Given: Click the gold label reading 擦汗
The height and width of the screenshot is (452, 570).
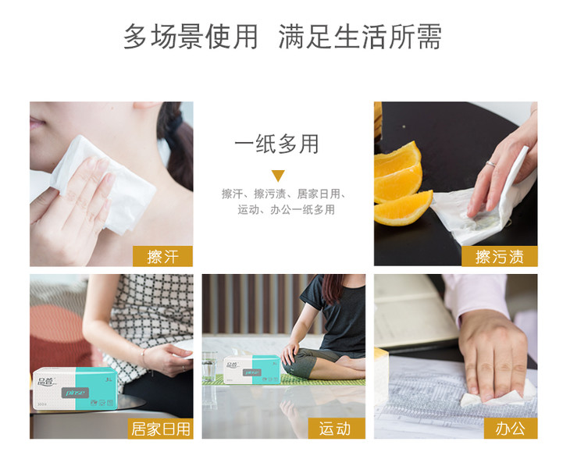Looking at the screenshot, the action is (x=162, y=256).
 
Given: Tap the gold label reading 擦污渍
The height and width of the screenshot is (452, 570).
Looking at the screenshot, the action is (x=500, y=256).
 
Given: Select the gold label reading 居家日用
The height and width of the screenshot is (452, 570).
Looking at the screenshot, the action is (x=160, y=429).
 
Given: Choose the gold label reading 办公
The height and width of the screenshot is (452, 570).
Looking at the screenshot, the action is (x=511, y=429).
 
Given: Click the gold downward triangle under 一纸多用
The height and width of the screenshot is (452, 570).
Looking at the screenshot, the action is (x=278, y=176).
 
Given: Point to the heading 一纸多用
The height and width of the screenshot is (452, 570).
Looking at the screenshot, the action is (x=276, y=144).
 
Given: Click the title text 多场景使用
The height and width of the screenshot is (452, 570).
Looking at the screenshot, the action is (x=191, y=37).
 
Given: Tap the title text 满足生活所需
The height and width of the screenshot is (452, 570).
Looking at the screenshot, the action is (x=360, y=37).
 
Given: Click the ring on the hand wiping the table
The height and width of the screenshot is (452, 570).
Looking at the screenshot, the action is (x=491, y=164).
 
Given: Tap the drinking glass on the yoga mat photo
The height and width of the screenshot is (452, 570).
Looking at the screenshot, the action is (x=209, y=366).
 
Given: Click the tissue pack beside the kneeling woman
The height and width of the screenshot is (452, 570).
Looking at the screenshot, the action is (x=252, y=369).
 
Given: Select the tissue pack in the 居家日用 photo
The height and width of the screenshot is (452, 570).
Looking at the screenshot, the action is (x=74, y=388).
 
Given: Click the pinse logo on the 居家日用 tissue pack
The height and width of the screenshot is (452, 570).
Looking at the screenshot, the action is (x=76, y=393).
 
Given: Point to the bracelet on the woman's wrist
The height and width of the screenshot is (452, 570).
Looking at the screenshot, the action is (x=144, y=358).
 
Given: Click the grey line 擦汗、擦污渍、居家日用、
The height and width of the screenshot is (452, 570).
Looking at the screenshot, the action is (x=283, y=194).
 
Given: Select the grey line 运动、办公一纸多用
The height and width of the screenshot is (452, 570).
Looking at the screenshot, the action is (x=286, y=210).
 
